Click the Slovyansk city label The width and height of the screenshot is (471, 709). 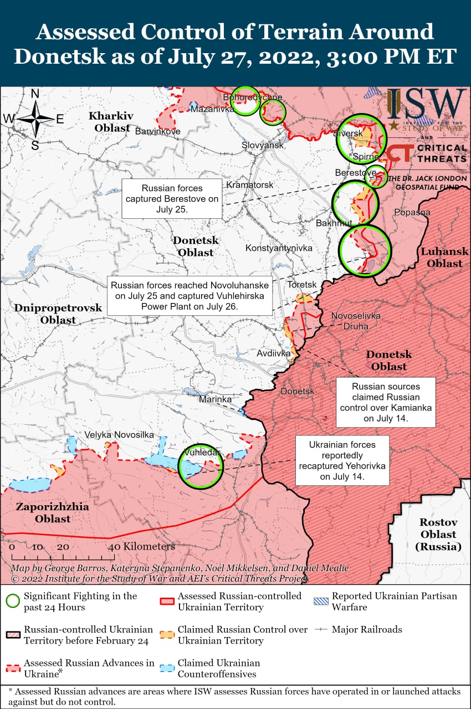coord(262,145)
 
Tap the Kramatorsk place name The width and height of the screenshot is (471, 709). coord(250,184)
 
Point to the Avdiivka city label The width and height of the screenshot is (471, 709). coord(274,353)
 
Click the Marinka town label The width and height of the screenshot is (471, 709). coord(215,399)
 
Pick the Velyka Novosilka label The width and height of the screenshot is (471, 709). coord(119,435)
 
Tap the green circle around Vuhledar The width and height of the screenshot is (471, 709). coord(202,466)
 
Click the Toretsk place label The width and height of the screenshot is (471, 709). coord(302,285)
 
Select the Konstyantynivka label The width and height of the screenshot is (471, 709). coord(279,248)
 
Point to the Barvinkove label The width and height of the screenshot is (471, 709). coord(158,132)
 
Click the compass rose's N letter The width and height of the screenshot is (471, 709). coord(35,94)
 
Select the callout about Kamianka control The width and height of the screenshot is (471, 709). coord(385,403)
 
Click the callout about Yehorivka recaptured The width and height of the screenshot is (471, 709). coord(342,460)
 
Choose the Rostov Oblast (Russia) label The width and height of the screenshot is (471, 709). coord(438,535)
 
